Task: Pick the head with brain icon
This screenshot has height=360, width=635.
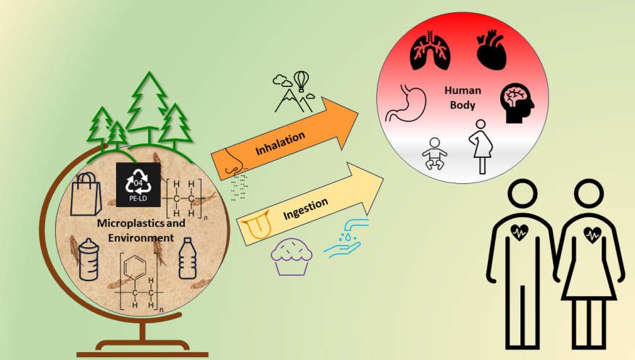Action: click(x=517, y=102)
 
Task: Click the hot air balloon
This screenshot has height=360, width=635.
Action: click(x=300, y=78)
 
